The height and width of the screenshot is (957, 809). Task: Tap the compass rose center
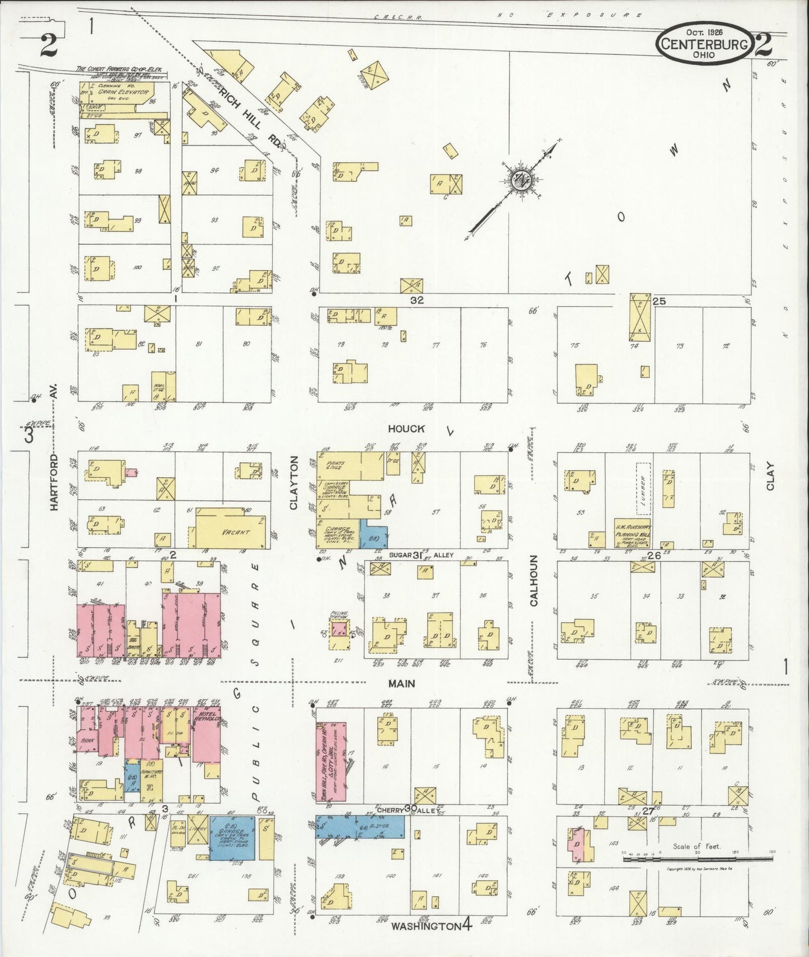coord(520,180)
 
